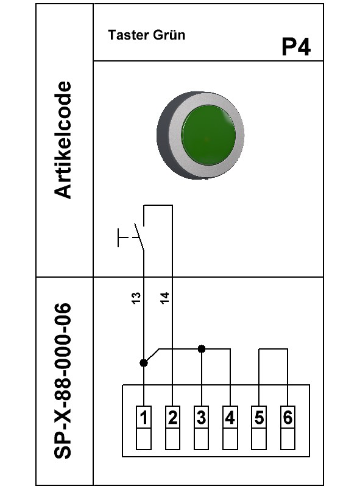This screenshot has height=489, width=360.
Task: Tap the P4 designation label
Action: (x=296, y=47)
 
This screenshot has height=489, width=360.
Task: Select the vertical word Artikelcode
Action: (x=63, y=139)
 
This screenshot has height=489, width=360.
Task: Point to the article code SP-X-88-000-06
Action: (x=63, y=381)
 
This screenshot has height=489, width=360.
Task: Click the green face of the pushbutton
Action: (x=208, y=135)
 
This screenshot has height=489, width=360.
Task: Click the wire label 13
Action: (x=136, y=298)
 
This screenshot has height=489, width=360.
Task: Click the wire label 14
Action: (x=164, y=298)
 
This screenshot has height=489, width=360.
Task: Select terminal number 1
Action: (x=144, y=418)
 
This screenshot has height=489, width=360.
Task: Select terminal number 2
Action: (x=172, y=418)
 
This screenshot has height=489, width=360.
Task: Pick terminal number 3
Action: (x=201, y=418)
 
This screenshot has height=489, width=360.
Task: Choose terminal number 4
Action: (x=230, y=418)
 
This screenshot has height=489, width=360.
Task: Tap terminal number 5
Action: (x=259, y=418)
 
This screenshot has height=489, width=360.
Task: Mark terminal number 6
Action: (x=288, y=418)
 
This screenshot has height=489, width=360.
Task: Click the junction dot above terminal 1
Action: (x=144, y=363)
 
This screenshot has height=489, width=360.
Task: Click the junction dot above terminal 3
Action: (x=202, y=349)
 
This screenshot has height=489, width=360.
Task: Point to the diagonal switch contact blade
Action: (x=139, y=237)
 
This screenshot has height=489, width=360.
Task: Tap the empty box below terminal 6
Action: (x=288, y=439)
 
